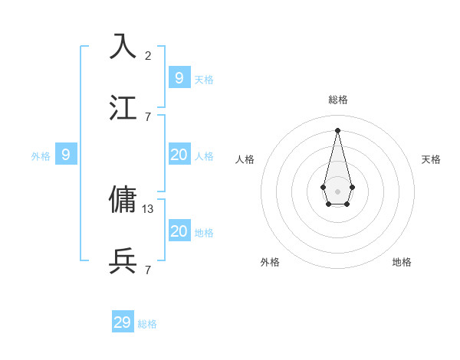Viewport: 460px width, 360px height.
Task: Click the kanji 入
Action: click(x=123, y=47)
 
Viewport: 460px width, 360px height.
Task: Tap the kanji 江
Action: click(x=123, y=108)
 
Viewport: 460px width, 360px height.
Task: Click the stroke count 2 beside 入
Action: click(x=148, y=55)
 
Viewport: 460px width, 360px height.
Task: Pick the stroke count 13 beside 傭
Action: click(x=149, y=208)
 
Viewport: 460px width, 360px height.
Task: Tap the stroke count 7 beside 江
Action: click(x=148, y=116)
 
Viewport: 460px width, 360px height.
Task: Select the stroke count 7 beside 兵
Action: click(x=148, y=270)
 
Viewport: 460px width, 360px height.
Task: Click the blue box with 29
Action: click(x=123, y=322)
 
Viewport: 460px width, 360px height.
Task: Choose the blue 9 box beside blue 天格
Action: click(x=179, y=77)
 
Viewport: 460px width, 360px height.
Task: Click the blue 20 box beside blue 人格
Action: click(x=179, y=155)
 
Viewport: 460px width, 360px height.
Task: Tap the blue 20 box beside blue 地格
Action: click(x=179, y=231)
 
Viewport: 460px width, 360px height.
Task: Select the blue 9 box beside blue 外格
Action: click(x=66, y=155)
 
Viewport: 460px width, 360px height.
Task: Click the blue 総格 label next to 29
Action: click(x=147, y=324)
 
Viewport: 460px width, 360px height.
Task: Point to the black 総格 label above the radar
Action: click(x=338, y=100)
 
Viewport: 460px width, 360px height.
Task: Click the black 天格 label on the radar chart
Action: click(x=432, y=159)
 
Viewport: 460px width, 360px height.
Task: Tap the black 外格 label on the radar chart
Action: click(x=270, y=262)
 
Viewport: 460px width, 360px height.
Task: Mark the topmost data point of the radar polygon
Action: click(x=337, y=129)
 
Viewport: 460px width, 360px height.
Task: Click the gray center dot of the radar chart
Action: click(x=337, y=191)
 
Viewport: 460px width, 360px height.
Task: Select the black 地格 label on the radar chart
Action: click(x=402, y=262)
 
